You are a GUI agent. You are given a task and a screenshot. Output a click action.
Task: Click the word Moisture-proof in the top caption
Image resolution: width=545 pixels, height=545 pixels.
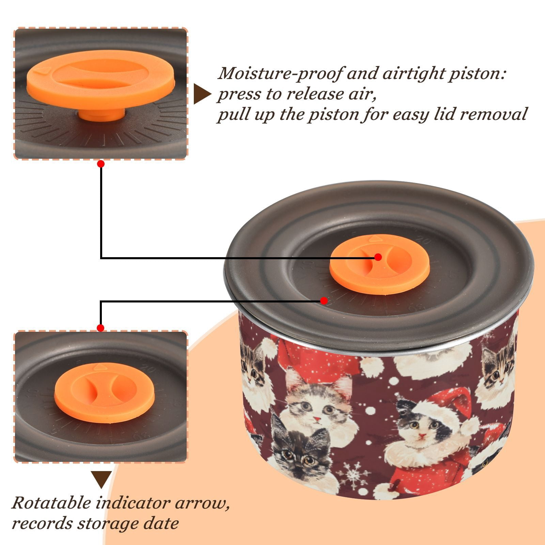280,74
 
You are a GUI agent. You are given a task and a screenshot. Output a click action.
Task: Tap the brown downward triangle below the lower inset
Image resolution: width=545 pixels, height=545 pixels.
101,479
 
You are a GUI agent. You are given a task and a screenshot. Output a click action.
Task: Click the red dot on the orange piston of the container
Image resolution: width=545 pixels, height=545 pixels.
378,257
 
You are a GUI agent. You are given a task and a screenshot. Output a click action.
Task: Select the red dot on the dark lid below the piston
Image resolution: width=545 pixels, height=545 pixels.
324,301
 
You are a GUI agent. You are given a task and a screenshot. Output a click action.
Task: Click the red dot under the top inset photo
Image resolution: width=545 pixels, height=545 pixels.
100,164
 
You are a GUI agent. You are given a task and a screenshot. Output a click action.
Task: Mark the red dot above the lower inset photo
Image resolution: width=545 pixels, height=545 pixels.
100,328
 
